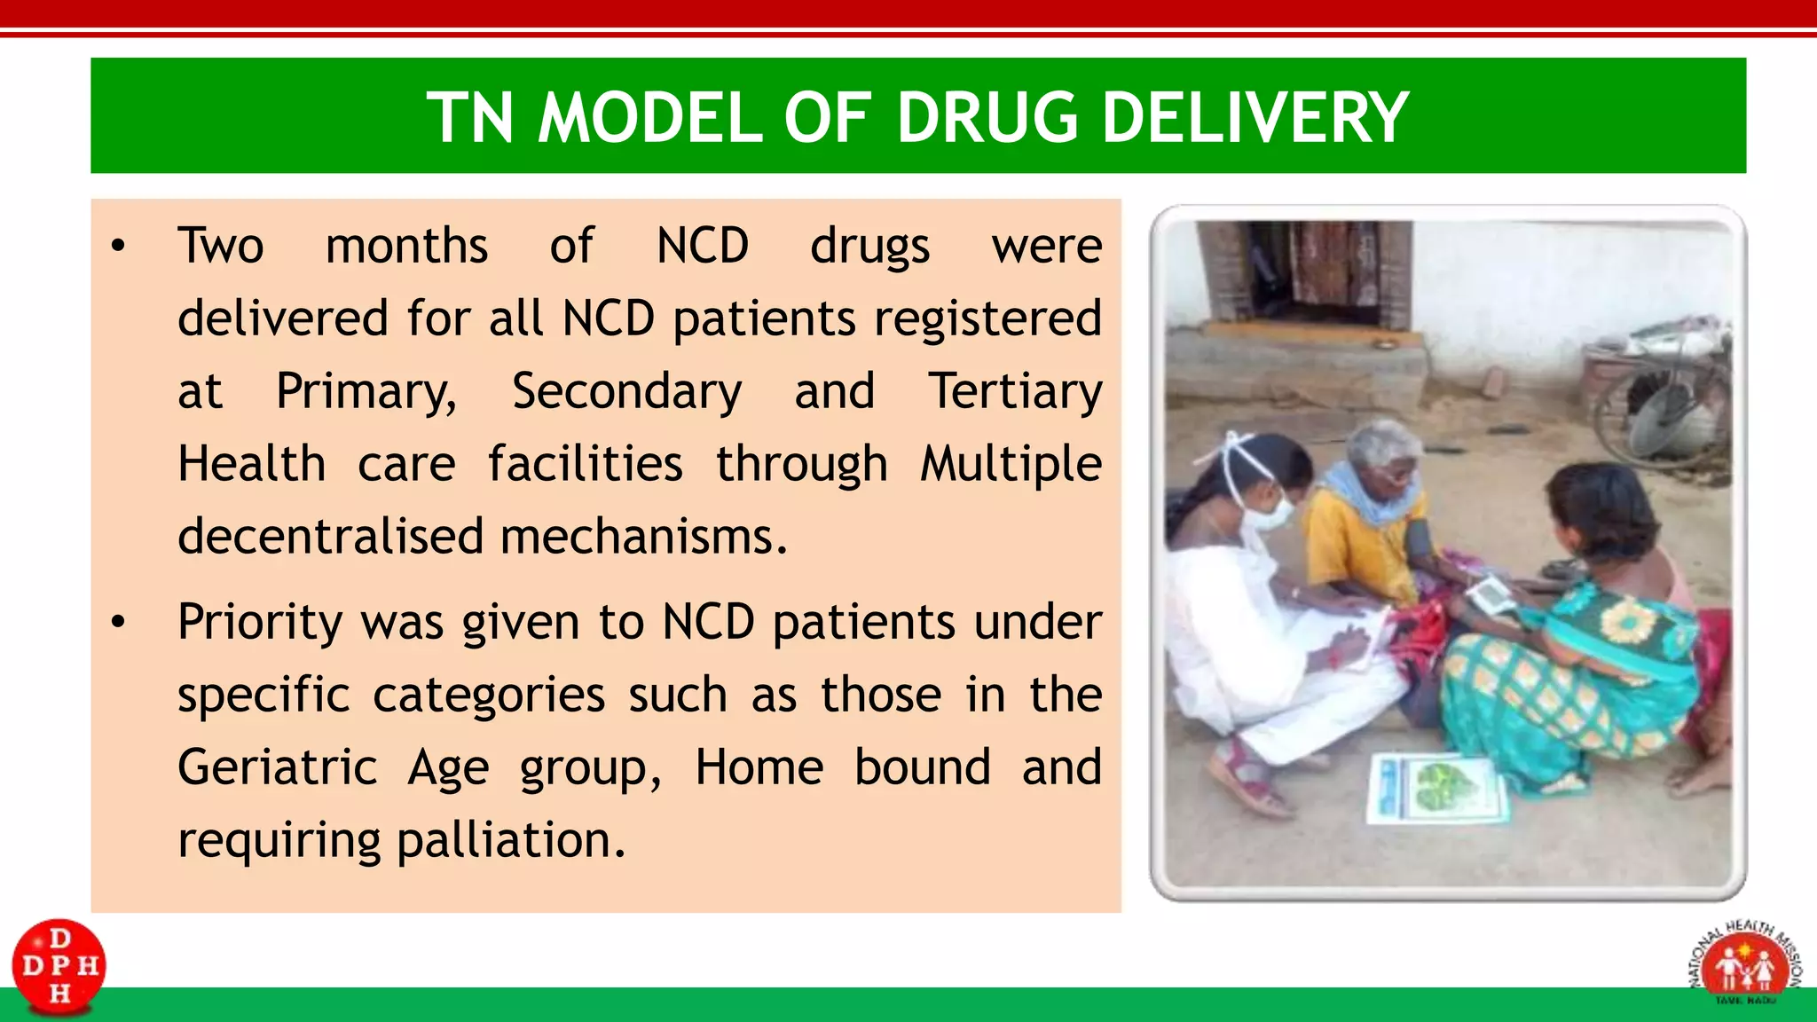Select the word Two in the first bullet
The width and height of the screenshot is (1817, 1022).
click(x=220, y=246)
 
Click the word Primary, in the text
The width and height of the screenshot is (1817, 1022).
click(x=366, y=391)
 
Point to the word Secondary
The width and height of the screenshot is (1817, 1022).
click(x=626, y=391)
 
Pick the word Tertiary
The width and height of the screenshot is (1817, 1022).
click(x=1015, y=391)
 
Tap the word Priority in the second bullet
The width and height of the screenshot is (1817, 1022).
click(x=260, y=622)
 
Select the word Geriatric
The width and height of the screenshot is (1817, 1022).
click(x=277, y=767)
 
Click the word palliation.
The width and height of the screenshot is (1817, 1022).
click(x=511, y=840)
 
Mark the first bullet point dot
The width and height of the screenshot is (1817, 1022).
click(x=118, y=247)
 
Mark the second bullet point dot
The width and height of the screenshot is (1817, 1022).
click(x=118, y=623)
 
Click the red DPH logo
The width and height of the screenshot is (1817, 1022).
click(x=59, y=966)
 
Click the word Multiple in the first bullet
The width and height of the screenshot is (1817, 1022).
click(x=1011, y=464)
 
